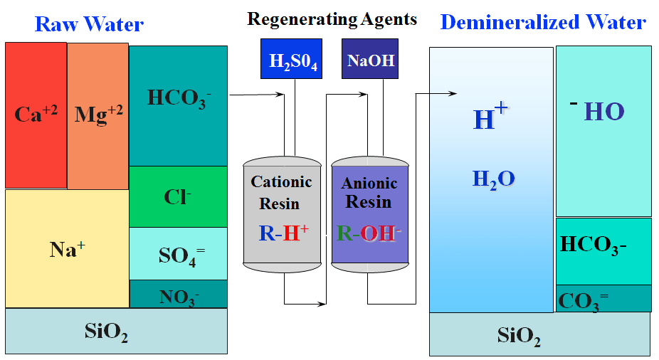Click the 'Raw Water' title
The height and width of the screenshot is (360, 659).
tap(89, 25)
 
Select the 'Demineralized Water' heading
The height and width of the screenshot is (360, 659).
tap(543, 22)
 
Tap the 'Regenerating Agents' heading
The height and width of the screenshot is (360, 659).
tap(332, 18)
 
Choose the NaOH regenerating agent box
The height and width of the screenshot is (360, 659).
tap(370, 59)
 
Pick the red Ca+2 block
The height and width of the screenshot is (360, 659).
tap(36, 115)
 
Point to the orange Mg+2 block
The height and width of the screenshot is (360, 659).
tap(98, 115)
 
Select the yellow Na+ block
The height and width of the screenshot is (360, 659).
tap(67, 248)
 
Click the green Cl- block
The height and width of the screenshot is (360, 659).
tap(178, 196)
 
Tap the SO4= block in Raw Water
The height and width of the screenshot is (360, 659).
tap(178, 253)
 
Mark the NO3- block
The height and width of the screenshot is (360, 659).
tap(178, 293)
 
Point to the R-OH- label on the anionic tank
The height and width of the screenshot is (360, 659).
tap(369, 233)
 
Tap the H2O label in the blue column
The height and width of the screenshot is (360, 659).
tap(492, 179)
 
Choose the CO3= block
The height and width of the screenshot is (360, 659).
tap(603, 299)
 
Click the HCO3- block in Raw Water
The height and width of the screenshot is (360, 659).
tap(178, 98)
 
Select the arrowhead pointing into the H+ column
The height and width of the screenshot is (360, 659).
tap(452, 93)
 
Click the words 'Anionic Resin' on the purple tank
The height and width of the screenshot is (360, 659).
tap(369, 193)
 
